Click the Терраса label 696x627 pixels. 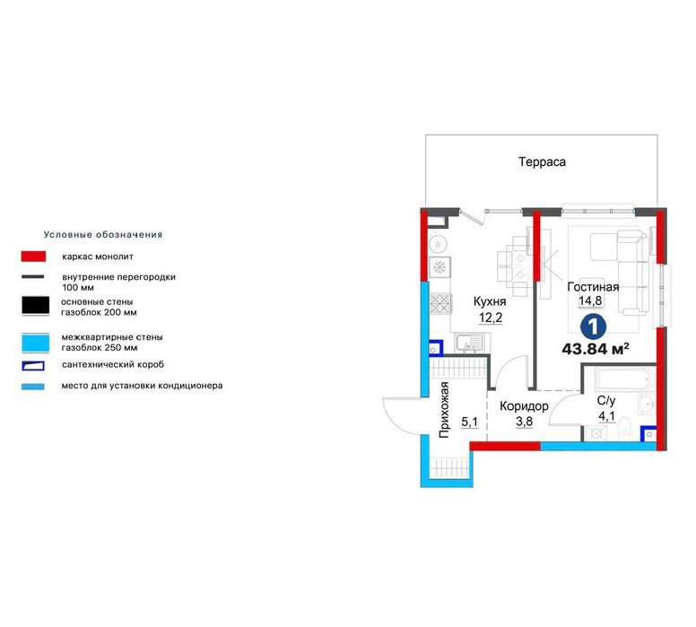pyautogui.click(x=542, y=162)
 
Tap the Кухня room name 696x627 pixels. pyautogui.click(x=490, y=302)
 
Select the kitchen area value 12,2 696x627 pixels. pyautogui.click(x=491, y=318)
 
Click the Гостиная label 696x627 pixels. pyautogui.click(x=593, y=287)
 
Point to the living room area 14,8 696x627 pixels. pyautogui.click(x=590, y=300)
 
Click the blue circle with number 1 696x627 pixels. pyautogui.click(x=594, y=327)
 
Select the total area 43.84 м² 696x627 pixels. pyautogui.click(x=596, y=349)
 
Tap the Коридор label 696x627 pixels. pyautogui.click(x=524, y=406)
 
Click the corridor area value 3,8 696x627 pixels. pyautogui.click(x=524, y=421)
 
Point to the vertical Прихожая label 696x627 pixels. pyautogui.click(x=444, y=409)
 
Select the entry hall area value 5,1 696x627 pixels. pyautogui.click(x=470, y=422)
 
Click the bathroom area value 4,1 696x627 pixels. pyautogui.click(x=607, y=416)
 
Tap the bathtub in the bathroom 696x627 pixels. pyautogui.click(x=625, y=379)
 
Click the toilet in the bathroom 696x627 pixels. pyautogui.click(x=624, y=427)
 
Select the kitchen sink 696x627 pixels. pyautogui.click(x=469, y=343)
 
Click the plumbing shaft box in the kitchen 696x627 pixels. pyautogui.click(x=435, y=348)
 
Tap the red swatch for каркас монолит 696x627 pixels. pyautogui.click(x=33, y=257)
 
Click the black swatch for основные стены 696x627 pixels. pyautogui.click(x=36, y=306)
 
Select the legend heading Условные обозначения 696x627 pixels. pyautogui.click(x=103, y=234)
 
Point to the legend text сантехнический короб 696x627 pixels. pyautogui.click(x=113, y=364)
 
